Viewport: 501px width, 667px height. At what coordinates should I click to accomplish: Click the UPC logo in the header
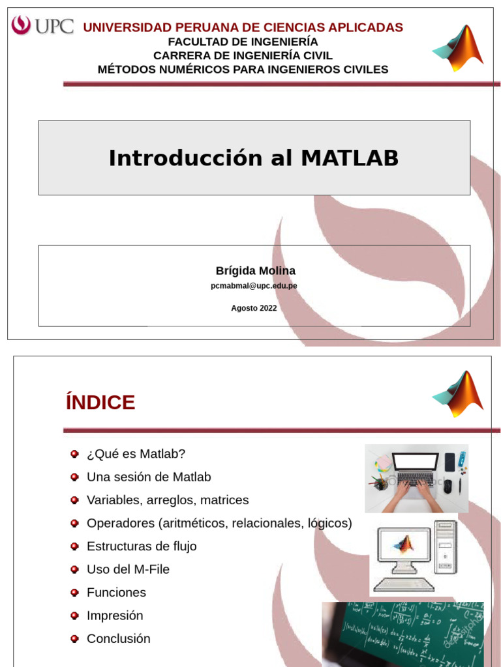[x=42, y=26]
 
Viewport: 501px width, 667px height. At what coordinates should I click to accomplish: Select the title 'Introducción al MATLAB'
[x=254, y=158]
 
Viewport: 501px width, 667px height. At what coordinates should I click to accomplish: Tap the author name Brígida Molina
[x=255, y=270]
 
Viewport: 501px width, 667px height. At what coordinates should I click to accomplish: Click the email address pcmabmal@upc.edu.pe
[x=254, y=285]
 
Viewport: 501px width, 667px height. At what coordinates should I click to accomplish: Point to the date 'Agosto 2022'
[x=254, y=308]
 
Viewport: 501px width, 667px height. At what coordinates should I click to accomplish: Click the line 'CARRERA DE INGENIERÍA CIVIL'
[x=243, y=55]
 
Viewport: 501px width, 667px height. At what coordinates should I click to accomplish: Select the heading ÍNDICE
[x=100, y=403]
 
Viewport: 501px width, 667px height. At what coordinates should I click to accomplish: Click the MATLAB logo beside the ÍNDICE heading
[x=458, y=393]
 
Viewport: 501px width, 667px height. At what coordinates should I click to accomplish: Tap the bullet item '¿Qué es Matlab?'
[x=136, y=453]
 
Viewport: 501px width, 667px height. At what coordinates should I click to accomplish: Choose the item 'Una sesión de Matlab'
[x=149, y=477]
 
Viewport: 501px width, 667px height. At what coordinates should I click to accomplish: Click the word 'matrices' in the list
[x=224, y=500]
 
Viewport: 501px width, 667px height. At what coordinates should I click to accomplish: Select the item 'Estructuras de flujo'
[x=142, y=546]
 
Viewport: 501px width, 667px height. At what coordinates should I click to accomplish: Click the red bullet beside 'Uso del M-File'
[x=74, y=569]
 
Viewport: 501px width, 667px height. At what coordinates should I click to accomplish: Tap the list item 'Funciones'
[x=116, y=592]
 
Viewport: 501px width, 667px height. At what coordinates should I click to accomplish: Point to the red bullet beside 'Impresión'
[x=74, y=616]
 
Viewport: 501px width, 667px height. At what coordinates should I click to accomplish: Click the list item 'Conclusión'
[x=118, y=638]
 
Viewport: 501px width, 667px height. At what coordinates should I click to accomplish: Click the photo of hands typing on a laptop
[x=416, y=478]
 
